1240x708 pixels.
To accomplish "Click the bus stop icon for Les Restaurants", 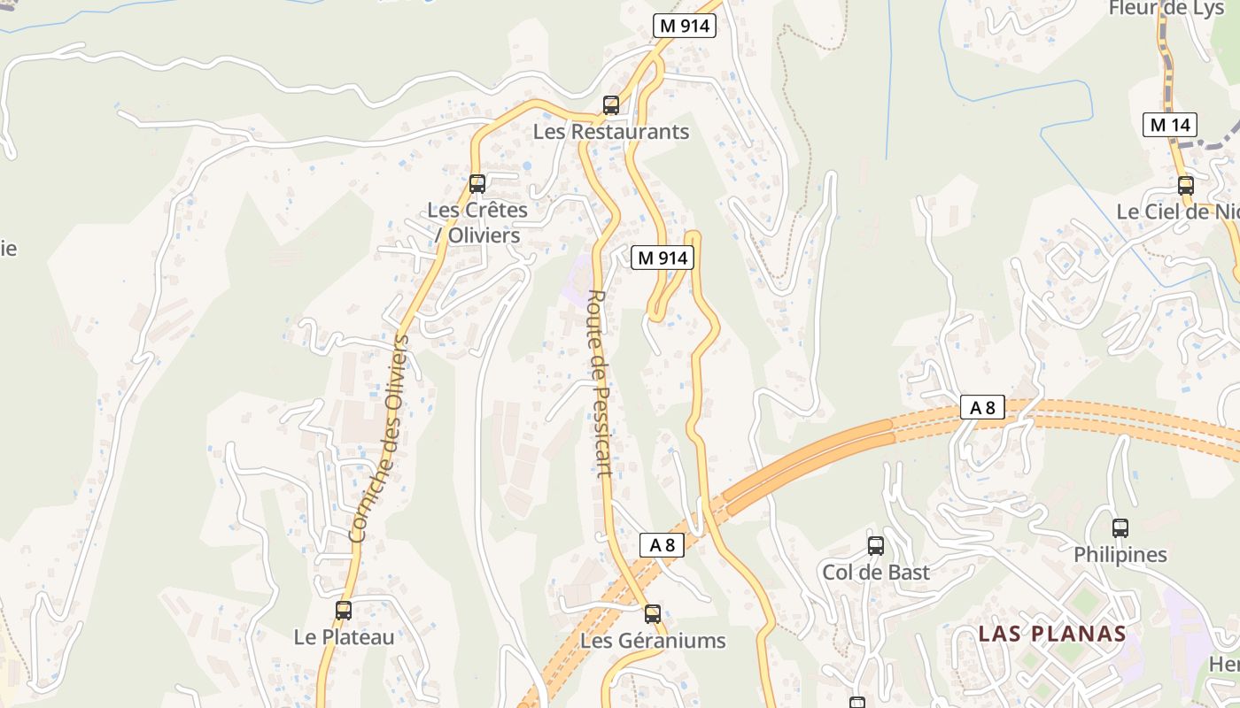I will (610, 105).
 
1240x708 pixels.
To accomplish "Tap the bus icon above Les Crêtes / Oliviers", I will (477, 184).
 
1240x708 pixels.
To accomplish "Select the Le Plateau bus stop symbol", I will (343, 610).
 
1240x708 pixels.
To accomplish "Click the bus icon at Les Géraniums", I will (653, 613).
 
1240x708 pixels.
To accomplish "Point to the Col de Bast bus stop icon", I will (876, 545).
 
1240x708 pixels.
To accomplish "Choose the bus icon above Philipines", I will (1120, 528).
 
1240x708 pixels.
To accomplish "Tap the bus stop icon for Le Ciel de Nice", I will (1186, 186).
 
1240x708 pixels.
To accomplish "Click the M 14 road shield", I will (1169, 125).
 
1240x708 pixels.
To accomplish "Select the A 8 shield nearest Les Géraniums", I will (662, 545).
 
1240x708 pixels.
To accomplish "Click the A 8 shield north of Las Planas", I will (982, 408).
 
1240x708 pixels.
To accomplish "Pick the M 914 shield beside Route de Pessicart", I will (662, 258).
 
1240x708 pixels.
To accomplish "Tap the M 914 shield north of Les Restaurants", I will (684, 26).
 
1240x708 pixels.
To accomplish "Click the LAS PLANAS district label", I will (1052, 634).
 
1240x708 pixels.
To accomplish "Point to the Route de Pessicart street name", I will (601, 383).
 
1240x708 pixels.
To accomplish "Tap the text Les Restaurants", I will (610, 132).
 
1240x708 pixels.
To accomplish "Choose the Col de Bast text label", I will (876, 573).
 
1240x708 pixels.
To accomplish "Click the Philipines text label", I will (1120, 555).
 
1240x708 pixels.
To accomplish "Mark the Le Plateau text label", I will (344, 637).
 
